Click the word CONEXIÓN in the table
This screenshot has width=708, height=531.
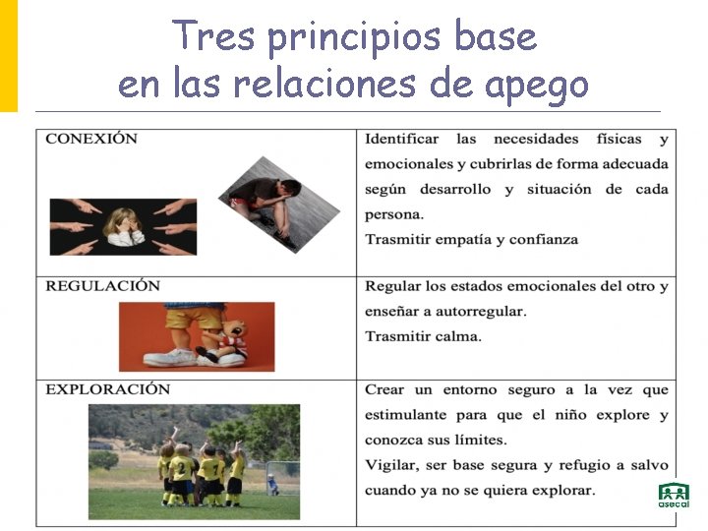click(91, 139)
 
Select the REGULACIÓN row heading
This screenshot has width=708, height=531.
click(102, 286)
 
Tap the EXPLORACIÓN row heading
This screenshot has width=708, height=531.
click(108, 389)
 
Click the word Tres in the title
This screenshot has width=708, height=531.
click(213, 37)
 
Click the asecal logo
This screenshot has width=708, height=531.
click(674, 496)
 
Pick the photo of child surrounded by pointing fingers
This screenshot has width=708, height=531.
click(122, 226)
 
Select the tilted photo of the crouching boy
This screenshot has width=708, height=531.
click(278, 205)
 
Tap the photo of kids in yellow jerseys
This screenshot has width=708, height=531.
click(194, 461)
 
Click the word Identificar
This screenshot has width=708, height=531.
click(401, 139)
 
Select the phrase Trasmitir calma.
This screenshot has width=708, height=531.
click(423, 336)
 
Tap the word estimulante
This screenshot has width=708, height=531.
click(411, 415)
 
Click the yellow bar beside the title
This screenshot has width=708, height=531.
click(8, 54)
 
